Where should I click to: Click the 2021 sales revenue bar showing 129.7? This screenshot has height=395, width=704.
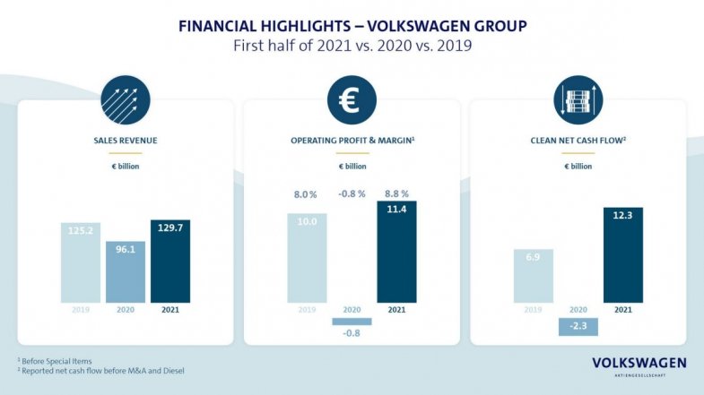(170, 262)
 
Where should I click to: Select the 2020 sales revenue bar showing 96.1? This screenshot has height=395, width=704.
(126, 272)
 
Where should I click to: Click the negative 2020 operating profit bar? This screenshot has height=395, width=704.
(352, 322)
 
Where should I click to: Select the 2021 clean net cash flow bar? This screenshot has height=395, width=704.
(623, 255)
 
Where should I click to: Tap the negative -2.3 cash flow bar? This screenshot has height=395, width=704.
(578, 327)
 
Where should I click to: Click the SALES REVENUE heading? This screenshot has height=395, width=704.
(126, 141)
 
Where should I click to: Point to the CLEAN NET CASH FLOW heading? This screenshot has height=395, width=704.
(578, 141)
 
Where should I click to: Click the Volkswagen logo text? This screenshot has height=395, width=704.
(639, 363)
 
